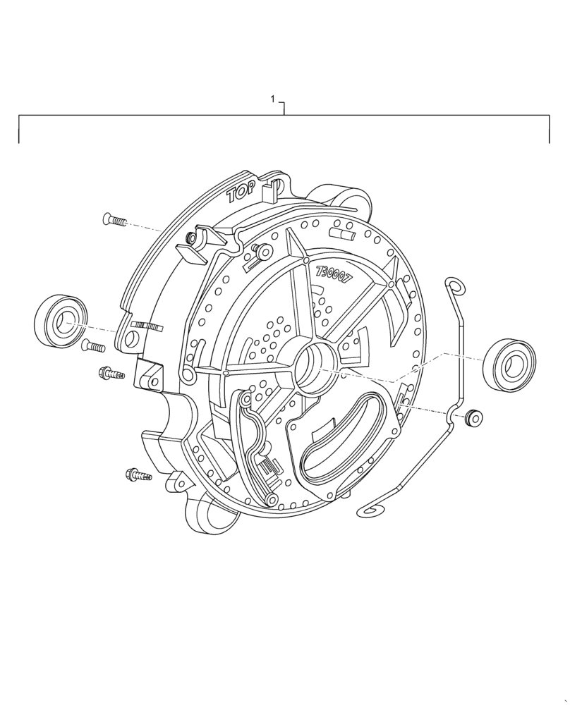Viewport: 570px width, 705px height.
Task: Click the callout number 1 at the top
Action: [x=273, y=101]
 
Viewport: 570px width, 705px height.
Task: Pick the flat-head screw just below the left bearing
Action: [x=92, y=346]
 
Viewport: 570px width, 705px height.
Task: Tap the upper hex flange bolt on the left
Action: [x=111, y=373]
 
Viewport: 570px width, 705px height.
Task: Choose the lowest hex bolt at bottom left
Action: [x=138, y=475]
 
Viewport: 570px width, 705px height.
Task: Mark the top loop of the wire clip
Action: [x=455, y=286]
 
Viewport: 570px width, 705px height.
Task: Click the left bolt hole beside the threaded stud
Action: [x=131, y=339]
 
